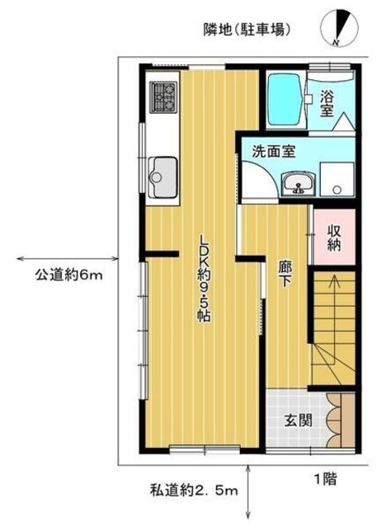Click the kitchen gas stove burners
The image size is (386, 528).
[162, 97]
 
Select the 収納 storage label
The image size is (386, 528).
[335, 237]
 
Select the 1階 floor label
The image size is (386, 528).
[323, 477]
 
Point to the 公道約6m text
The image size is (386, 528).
[68, 275]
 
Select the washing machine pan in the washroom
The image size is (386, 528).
[337, 179]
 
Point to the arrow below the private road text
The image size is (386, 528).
[247, 482]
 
